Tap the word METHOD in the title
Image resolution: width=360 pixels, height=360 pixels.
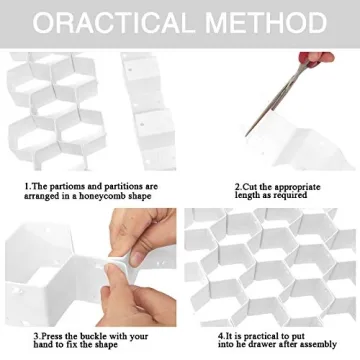tap(266, 23)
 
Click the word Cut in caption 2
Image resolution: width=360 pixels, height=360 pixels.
tap(250, 187)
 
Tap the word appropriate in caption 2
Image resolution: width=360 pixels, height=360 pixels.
tap(297, 187)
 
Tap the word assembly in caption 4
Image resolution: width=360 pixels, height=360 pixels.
tap(319, 344)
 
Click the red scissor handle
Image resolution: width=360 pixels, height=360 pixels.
tap(316, 58)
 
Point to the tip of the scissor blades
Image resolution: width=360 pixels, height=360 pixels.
tap(247, 135)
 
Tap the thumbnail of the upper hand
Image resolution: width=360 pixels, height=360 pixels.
tap(136, 258)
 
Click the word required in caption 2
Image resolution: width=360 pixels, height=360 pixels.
tap(291, 196)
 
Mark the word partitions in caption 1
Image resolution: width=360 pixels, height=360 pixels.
tap(124, 187)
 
